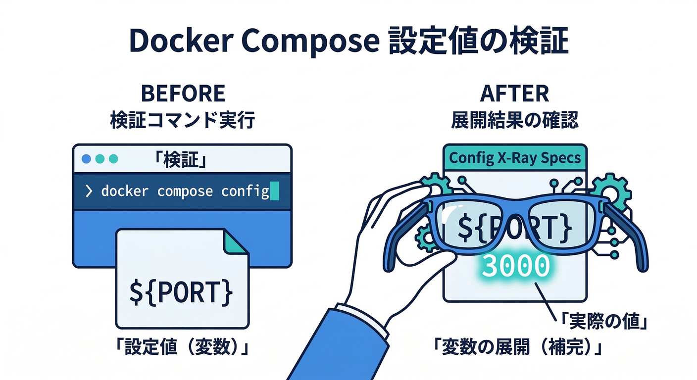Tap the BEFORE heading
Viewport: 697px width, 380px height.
click(183, 94)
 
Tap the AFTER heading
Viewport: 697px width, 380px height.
click(514, 94)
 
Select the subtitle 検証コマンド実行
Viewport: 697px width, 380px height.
click(183, 120)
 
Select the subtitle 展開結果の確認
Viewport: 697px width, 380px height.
click(514, 120)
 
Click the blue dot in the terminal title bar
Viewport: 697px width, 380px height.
click(86, 159)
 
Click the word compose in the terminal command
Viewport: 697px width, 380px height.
click(185, 191)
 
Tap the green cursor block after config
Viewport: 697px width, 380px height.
click(274, 191)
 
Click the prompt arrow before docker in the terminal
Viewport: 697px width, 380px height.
click(89, 191)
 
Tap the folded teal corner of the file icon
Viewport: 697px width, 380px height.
click(237, 241)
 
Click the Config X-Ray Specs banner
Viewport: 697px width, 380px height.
click(514, 159)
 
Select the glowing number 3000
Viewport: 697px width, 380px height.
click(515, 267)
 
